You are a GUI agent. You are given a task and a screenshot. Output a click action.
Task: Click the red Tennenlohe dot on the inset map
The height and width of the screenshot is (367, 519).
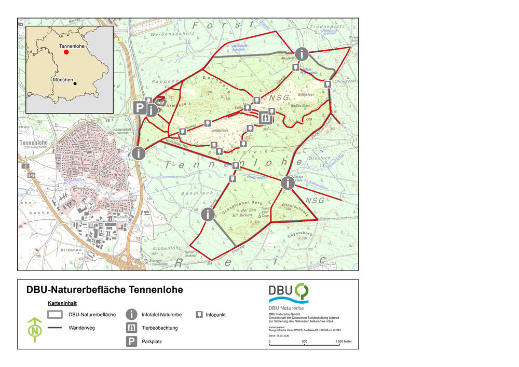coord(66,52)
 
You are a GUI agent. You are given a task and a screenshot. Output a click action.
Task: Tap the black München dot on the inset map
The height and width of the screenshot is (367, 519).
coord(75,83)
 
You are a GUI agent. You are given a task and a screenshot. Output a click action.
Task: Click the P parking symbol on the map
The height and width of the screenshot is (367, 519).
coord(139,108)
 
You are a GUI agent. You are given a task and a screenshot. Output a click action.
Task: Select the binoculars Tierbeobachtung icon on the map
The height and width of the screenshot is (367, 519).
coord(264,118)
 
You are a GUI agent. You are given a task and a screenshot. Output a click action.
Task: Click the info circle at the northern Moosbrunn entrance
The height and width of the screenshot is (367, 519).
coord(302,53)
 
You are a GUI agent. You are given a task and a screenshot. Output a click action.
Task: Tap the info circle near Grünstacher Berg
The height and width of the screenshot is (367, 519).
coord(208,214)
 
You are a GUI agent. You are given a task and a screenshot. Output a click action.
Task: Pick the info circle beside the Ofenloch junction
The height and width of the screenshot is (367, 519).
coord(288,183)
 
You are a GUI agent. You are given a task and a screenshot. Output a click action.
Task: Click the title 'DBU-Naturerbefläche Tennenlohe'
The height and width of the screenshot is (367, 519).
coord(104,290)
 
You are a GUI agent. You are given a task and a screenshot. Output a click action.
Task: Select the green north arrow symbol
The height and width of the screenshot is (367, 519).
coord(35,330)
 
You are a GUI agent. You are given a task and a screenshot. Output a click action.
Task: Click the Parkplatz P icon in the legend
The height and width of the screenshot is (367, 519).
coord(132,342)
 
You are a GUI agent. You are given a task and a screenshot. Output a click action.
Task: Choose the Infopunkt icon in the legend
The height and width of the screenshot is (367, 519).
coord(198,315)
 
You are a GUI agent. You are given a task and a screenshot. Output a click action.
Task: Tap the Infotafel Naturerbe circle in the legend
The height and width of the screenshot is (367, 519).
coord(132,315)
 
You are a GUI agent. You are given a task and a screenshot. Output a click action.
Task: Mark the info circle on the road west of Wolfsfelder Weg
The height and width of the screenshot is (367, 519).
coord(139,153)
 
